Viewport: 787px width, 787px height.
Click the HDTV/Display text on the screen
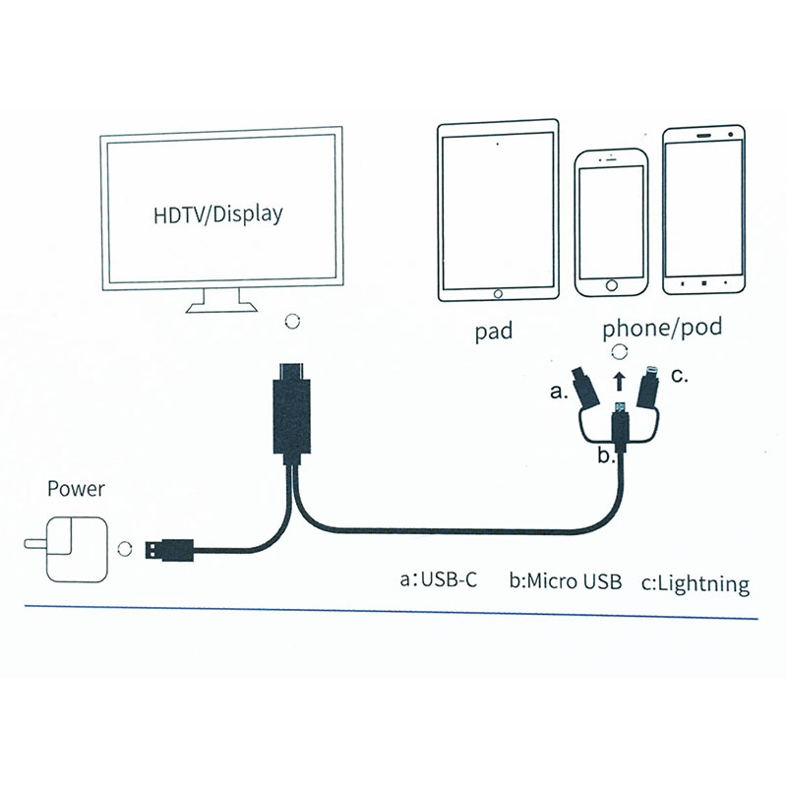click(217, 212)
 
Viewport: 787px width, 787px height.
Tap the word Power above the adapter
click(76, 489)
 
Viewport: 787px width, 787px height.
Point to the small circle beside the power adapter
click(124, 548)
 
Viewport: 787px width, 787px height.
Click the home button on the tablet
click(498, 293)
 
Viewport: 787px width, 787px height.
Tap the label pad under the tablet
click(493, 332)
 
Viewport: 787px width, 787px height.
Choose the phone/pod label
click(662, 328)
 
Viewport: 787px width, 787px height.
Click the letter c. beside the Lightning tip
click(679, 375)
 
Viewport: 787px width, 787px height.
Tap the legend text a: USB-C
click(439, 579)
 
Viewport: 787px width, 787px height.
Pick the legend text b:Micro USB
click(566, 580)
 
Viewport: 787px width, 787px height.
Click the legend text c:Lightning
click(695, 583)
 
